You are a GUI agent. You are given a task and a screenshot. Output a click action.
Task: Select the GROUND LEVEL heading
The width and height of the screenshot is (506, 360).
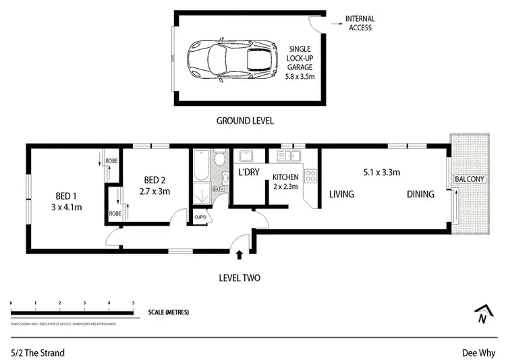[x=244, y=121]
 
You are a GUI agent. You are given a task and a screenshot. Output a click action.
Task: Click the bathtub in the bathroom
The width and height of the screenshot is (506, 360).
[x=200, y=167]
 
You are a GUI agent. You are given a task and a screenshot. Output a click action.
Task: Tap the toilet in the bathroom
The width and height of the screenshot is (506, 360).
[x=219, y=161]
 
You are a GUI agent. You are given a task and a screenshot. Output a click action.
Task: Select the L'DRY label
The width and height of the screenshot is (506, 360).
[x=249, y=173]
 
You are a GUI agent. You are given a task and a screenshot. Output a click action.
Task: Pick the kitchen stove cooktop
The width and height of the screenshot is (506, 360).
[x=312, y=177]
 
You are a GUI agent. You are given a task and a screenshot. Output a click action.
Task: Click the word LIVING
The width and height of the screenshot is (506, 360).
[x=342, y=194]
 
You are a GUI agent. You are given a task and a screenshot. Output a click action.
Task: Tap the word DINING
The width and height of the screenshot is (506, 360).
[x=420, y=194]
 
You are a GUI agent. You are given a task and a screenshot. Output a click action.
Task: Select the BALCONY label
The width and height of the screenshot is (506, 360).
[x=468, y=179]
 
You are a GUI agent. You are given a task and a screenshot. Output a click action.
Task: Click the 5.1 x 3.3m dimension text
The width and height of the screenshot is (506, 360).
[x=381, y=173]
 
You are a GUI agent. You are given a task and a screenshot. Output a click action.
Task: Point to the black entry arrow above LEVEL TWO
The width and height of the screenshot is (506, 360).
[x=240, y=254]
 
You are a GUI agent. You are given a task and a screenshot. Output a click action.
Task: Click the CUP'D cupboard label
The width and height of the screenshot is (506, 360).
[x=200, y=217]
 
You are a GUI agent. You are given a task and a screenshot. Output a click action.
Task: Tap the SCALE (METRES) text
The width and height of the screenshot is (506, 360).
[x=169, y=313]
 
